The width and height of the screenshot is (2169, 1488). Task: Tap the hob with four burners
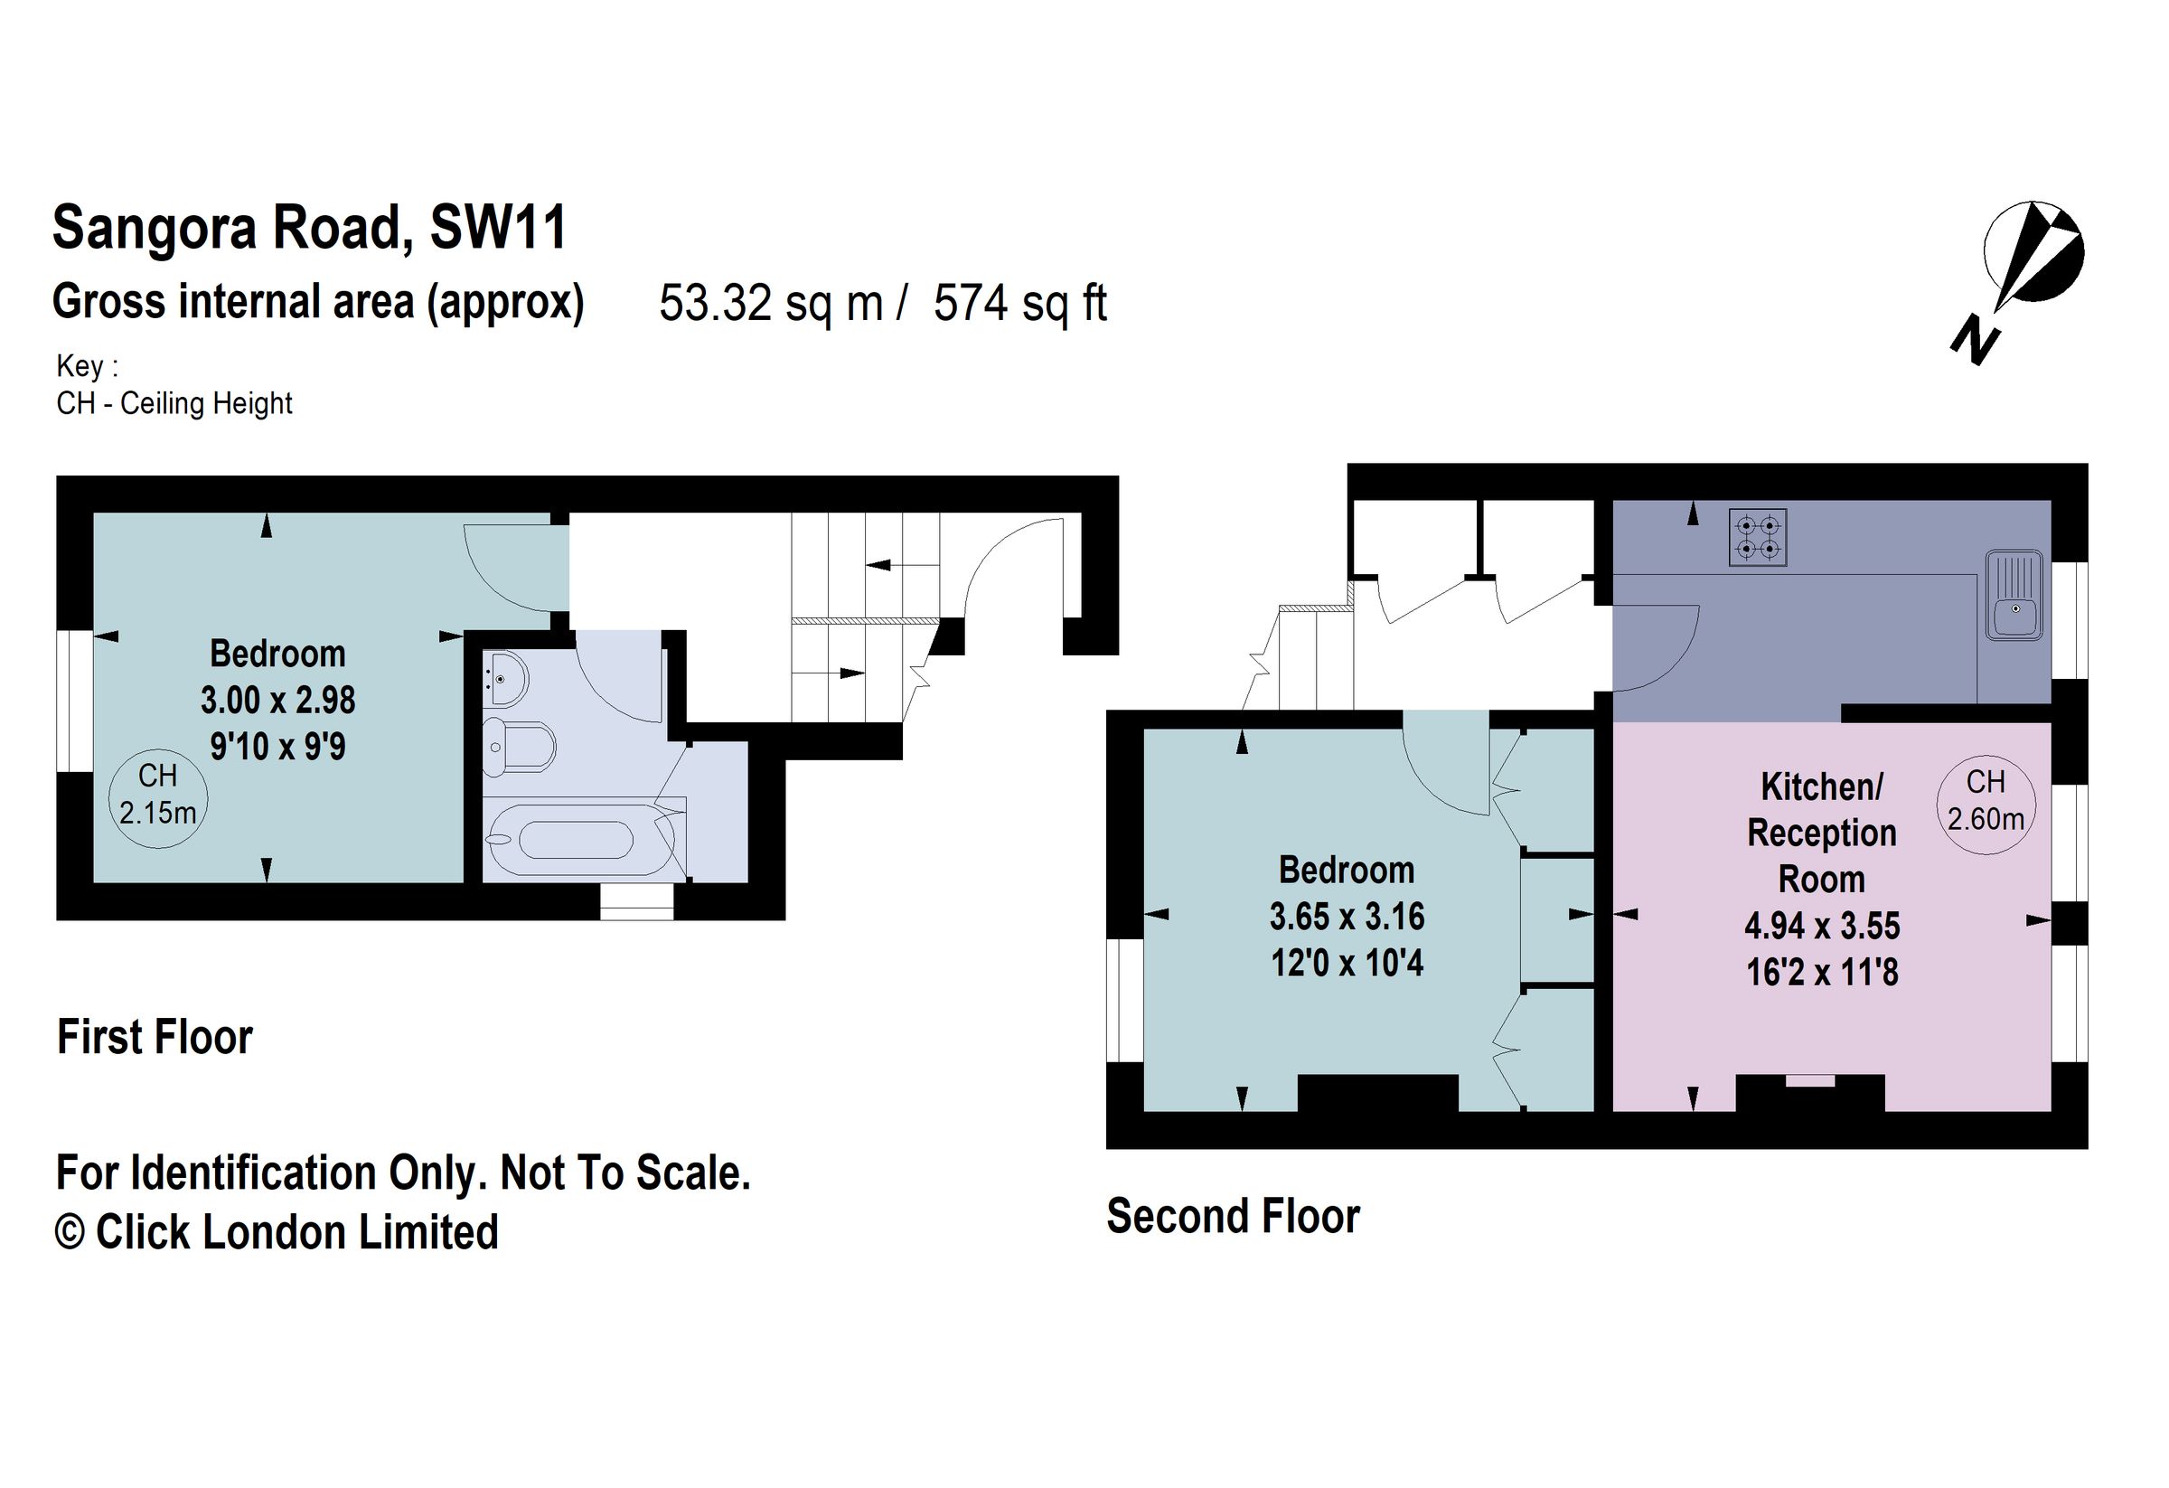pos(1758,537)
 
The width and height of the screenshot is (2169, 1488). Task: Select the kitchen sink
pos(2014,596)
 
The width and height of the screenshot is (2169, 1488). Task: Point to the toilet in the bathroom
pos(520,746)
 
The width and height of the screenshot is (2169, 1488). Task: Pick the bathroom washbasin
pos(505,679)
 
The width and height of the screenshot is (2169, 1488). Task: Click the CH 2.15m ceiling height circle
pos(158,798)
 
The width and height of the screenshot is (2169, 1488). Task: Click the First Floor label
pos(155,1037)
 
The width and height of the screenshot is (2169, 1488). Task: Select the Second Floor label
pos(1233,1217)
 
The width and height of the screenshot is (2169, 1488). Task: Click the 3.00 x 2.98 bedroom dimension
pos(278,700)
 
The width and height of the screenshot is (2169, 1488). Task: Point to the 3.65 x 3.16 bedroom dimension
pos(1347,917)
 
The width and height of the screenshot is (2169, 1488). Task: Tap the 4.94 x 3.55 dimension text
pos(1822,926)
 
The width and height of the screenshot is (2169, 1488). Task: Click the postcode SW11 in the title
pos(498,228)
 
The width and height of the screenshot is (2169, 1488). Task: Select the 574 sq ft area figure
pos(1020,304)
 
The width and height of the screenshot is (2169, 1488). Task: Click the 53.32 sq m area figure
pos(771,304)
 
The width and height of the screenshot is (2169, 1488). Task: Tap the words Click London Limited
pos(296,1232)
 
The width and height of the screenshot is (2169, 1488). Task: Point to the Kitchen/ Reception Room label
pos(1822,833)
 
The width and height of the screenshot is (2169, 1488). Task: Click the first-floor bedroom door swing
pos(516,569)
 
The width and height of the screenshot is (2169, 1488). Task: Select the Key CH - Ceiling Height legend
pos(174,384)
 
